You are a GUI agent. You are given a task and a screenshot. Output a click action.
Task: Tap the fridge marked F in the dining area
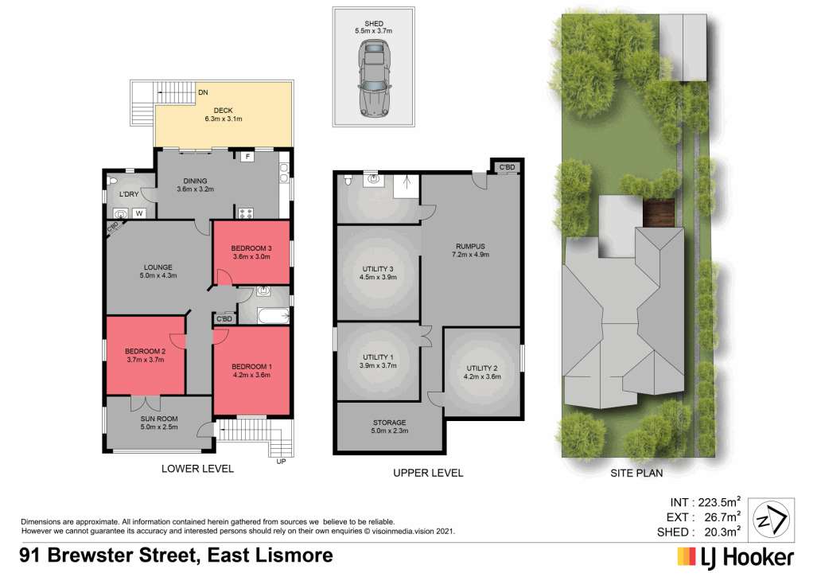coord(248,157)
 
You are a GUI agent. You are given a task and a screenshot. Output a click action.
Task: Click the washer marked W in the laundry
coord(139,212)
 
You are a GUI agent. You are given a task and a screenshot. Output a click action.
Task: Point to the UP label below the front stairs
coord(280,462)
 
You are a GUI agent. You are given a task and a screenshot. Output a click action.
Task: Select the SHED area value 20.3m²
coord(720,532)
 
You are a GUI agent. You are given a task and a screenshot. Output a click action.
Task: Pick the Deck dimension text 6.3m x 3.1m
coord(223,119)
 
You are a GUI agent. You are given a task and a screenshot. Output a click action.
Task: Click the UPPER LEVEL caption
coord(428,473)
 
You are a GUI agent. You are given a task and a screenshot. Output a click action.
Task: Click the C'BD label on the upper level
coord(506,168)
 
